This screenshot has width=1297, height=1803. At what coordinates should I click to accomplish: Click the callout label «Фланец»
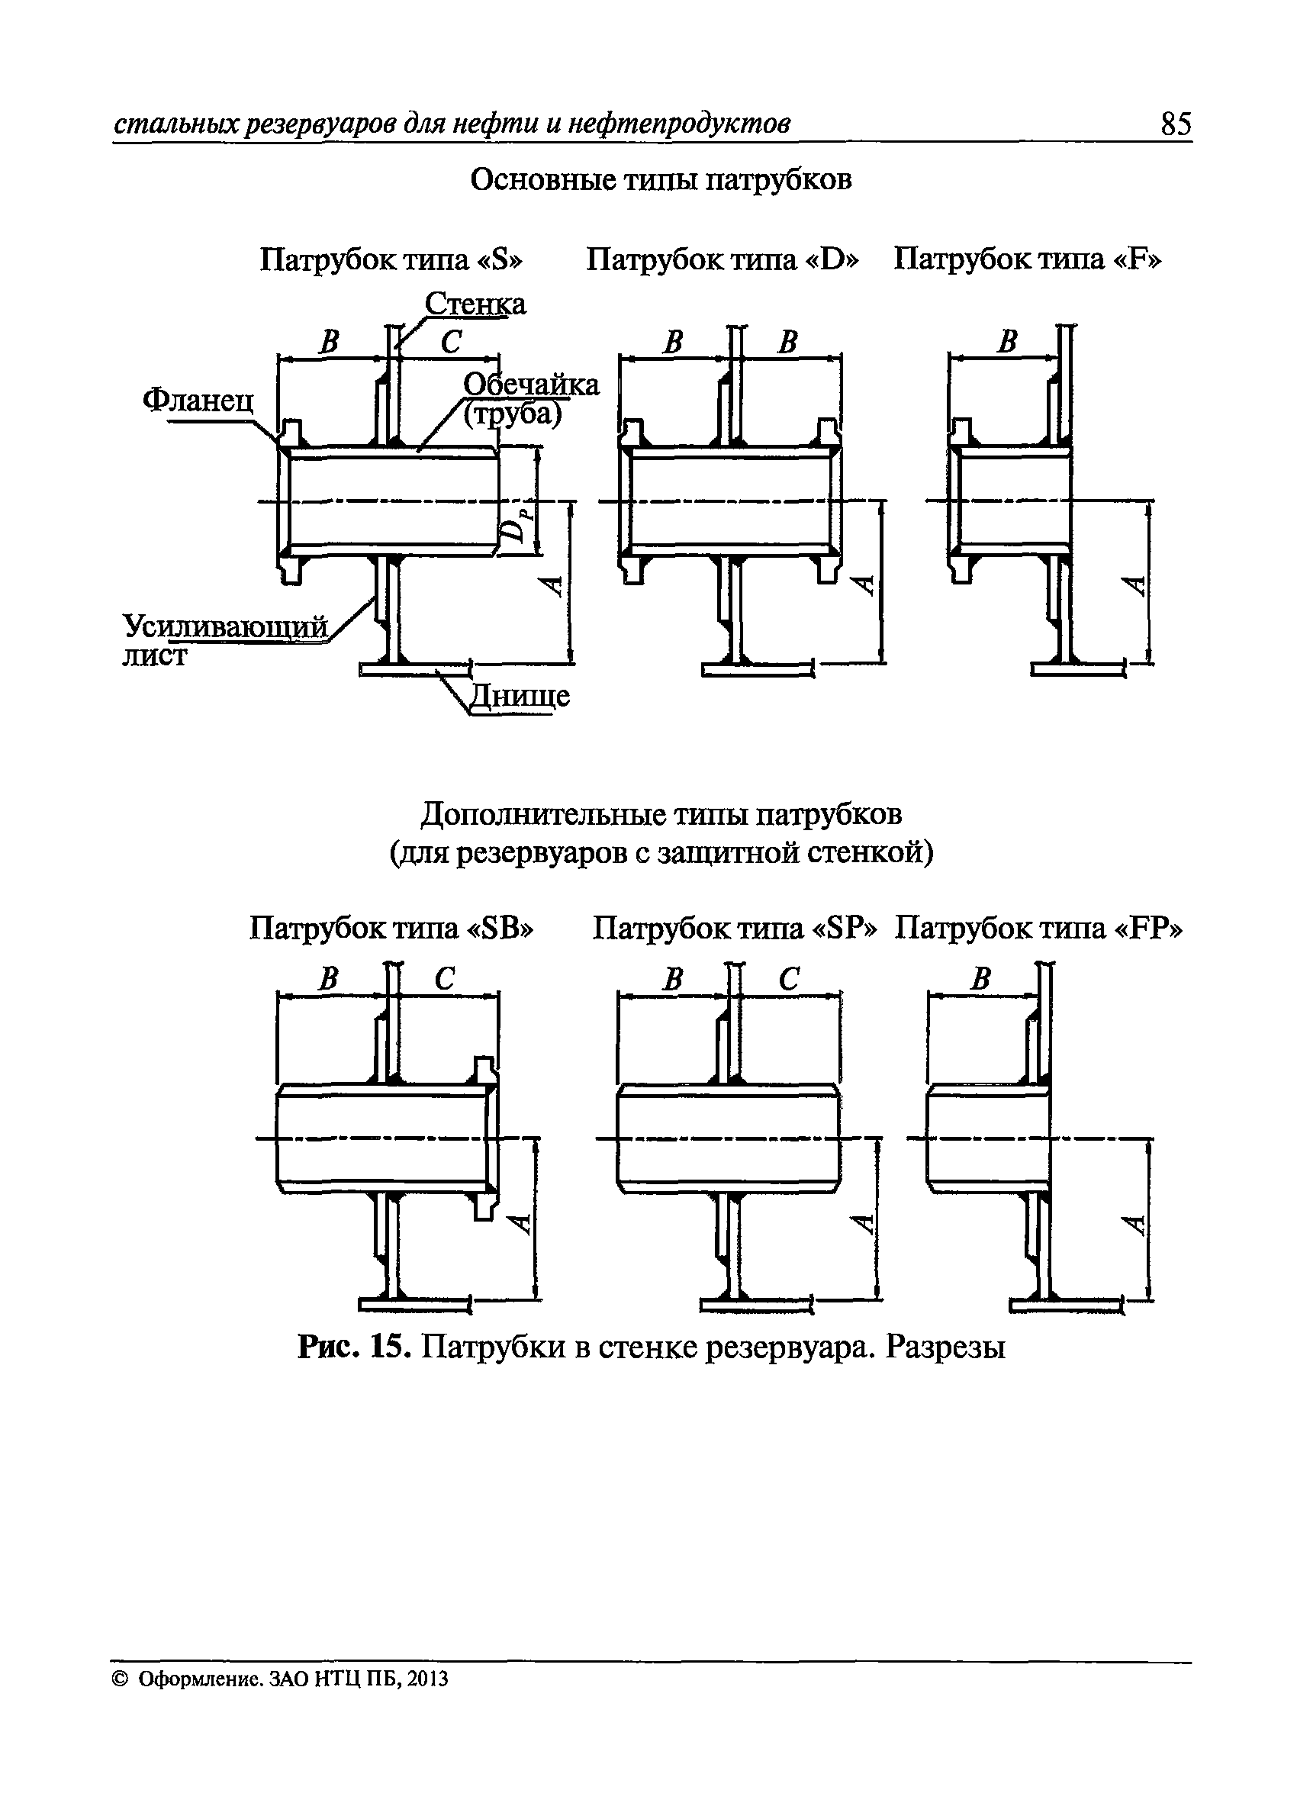[x=198, y=399]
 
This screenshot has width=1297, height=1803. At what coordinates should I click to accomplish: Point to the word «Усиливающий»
[x=225, y=626]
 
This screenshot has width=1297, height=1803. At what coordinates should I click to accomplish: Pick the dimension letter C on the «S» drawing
[x=451, y=342]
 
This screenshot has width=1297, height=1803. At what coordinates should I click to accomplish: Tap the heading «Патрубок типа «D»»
[x=723, y=259]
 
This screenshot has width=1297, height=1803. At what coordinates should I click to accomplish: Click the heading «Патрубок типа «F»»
[x=1027, y=259]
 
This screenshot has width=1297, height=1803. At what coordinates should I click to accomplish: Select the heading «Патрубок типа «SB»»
[x=391, y=927]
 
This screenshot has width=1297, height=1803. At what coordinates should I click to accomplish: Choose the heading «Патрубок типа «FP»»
[x=1038, y=927]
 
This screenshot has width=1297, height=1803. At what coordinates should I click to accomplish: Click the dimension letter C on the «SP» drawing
[x=788, y=979]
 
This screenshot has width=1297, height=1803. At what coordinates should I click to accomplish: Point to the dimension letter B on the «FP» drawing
[x=980, y=979]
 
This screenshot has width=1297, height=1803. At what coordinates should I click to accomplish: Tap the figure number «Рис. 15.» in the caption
[x=354, y=1346]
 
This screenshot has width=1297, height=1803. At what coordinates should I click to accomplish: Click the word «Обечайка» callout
[x=531, y=385]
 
